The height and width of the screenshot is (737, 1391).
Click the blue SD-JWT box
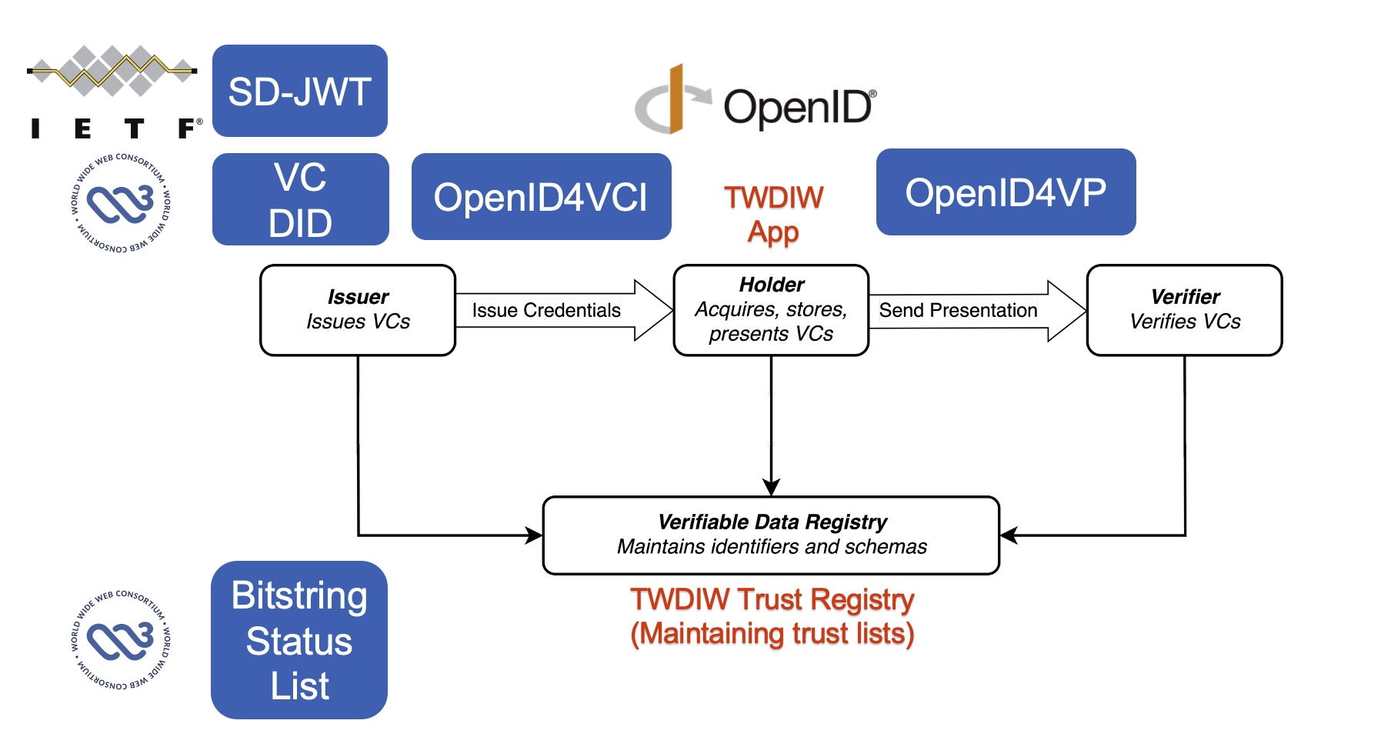pos(299,91)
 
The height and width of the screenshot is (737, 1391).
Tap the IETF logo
pos(113,92)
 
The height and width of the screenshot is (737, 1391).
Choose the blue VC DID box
pos(300,199)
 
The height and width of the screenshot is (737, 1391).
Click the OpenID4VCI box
pos(541,197)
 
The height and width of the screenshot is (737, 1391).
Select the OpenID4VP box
pos(1006,192)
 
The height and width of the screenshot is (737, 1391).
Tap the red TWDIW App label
pos(773,214)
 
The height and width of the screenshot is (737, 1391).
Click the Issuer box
pos(358,310)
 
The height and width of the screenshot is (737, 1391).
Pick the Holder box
pos(771,310)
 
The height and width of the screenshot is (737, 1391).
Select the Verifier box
pos(1184,310)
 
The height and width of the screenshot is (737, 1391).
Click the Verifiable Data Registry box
pos(771,535)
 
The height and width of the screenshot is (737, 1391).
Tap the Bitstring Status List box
pos(299,640)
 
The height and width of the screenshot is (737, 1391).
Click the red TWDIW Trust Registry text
pos(772,599)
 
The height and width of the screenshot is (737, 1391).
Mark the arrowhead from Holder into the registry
pos(771,488)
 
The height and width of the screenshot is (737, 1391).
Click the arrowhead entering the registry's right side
pos(1009,535)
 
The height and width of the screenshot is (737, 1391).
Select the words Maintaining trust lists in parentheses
pos(772,634)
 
